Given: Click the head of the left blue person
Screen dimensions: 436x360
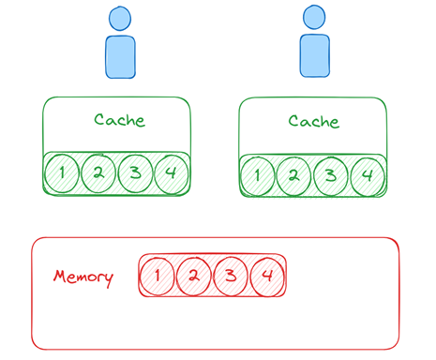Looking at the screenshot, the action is [x=120, y=19].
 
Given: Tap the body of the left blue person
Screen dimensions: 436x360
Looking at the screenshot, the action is [x=120, y=57].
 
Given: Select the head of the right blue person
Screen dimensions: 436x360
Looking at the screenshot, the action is [x=314, y=18].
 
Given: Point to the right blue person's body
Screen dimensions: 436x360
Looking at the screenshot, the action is [x=315, y=55].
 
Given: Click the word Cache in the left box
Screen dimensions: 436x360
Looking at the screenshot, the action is [x=120, y=120].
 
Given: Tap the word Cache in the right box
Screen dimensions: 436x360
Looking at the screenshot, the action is [x=314, y=121].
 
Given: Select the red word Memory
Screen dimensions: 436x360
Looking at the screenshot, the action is [x=83, y=277].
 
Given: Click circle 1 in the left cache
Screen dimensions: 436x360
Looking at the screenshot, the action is [x=62, y=173].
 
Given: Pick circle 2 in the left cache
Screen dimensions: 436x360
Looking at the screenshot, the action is [x=98, y=172].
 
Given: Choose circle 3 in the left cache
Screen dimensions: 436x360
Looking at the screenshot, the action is [x=135, y=173].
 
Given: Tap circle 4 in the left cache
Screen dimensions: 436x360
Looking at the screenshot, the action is [x=172, y=173].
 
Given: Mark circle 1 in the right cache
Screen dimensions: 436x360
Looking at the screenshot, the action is [x=258, y=176].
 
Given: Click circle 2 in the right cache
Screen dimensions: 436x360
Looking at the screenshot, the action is [x=294, y=176].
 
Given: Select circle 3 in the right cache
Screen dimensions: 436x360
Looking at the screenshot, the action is [x=331, y=176].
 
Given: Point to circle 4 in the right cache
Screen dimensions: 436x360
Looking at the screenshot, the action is [x=368, y=176].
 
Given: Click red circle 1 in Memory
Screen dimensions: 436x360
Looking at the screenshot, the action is [x=157, y=277].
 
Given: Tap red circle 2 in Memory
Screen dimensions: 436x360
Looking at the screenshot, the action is [x=194, y=277].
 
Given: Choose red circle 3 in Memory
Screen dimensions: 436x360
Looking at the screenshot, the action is [x=231, y=277].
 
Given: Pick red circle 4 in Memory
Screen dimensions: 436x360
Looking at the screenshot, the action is [x=267, y=277].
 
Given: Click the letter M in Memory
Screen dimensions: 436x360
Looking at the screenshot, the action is [x=60, y=277].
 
